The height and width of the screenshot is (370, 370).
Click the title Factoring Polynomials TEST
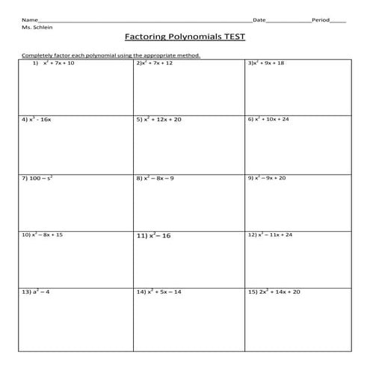pyautogui.click(x=184, y=36)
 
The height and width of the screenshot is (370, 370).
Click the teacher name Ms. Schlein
pyautogui.click(x=37, y=26)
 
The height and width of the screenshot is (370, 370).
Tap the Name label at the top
pyautogui.click(x=28, y=19)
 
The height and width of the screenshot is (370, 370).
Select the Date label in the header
pyautogui.click(x=259, y=19)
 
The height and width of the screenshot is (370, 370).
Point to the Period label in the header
pyautogui.click(x=320, y=19)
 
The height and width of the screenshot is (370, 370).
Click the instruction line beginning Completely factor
pyautogui.click(x=111, y=55)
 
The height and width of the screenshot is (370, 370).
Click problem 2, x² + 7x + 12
pyautogui.click(x=155, y=64)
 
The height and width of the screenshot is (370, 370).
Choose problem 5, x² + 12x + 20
pyautogui.click(x=158, y=119)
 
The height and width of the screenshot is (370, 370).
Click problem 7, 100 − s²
pyautogui.click(x=37, y=178)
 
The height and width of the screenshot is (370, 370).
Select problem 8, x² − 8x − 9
pyautogui.click(x=155, y=178)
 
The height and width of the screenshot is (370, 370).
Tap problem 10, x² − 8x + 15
pyautogui.click(x=43, y=235)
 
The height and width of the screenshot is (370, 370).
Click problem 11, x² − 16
pyautogui.click(x=154, y=235)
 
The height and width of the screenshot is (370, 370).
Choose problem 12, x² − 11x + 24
pyautogui.click(x=270, y=235)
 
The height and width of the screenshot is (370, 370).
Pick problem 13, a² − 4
pyautogui.click(x=36, y=292)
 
